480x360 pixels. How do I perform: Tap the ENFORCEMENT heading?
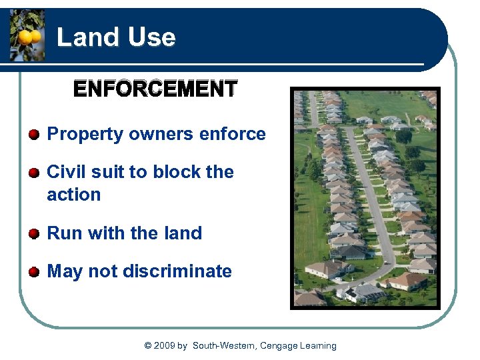point(155,89)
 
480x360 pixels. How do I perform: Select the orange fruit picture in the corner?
point(27,36)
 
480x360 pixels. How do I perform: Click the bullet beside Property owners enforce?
point(34,135)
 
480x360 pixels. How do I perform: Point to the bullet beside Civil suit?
point(34,173)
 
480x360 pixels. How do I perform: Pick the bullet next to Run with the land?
point(34,234)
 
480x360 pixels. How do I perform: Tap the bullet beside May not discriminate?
point(34,272)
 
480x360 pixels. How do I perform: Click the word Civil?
point(66,172)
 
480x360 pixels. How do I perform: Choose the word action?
point(73,195)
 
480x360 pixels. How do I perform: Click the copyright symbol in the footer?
point(147,345)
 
